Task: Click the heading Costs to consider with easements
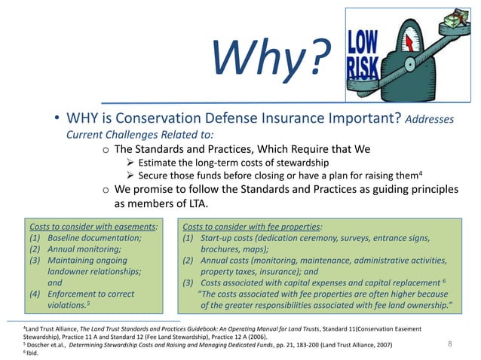93,225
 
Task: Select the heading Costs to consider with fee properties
252,225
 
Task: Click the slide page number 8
450,343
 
